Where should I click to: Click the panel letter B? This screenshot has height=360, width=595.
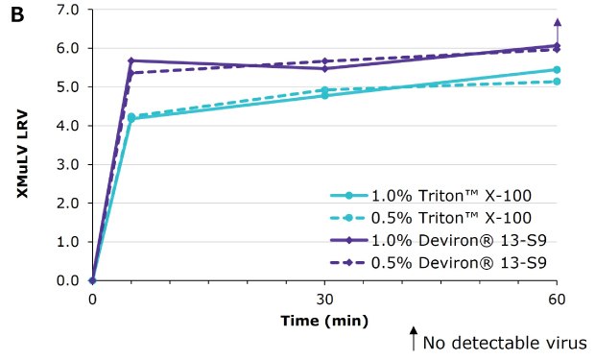click(x=16, y=14)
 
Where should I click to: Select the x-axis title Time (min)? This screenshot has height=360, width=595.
click(x=322, y=320)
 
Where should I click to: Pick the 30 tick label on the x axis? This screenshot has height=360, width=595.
click(x=324, y=299)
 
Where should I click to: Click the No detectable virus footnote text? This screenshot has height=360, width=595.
click(x=506, y=342)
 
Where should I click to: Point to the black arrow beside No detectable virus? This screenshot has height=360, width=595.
click(x=415, y=338)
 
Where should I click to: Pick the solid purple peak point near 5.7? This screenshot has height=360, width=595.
click(x=131, y=60)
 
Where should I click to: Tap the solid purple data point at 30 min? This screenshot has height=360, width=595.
click(x=324, y=68)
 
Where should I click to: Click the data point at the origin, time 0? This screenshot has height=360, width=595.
click(x=92, y=280)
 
